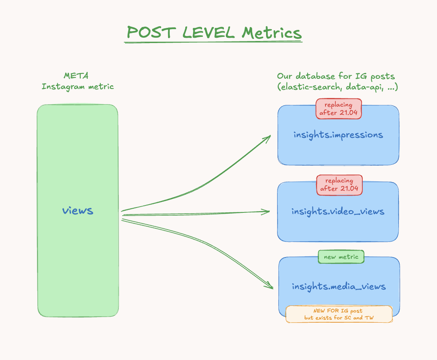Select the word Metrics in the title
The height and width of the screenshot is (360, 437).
click(272, 32)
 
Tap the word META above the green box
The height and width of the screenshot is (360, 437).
click(76, 76)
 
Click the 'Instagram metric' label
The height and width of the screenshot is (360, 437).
click(77, 87)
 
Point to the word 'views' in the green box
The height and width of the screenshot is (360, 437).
click(78, 211)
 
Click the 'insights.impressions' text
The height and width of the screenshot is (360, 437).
click(338, 135)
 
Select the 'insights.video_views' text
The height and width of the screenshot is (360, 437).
click(338, 212)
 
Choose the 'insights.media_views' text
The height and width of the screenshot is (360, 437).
click(339, 286)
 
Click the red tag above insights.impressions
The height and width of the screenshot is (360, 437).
click(339, 109)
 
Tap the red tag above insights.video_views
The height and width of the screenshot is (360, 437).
click(339, 185)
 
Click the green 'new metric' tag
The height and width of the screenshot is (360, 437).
click(341, 257)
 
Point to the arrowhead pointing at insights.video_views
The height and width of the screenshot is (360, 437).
click(266, 212)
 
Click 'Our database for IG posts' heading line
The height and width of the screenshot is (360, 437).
click(336, 76)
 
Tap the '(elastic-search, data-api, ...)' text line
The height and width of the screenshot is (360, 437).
click(337, 87)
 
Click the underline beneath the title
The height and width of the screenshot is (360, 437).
click(213, 42)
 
